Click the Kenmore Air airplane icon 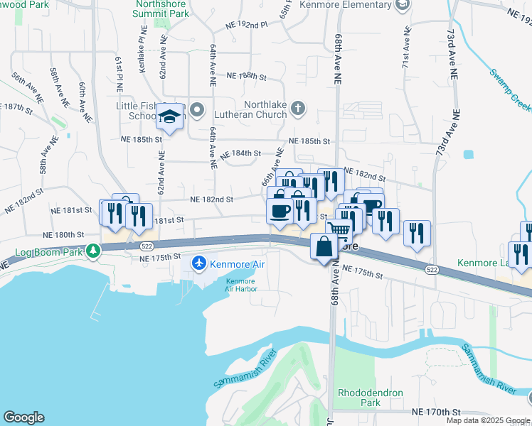click(x=200, y=264)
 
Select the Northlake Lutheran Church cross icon click(x=298, y=109)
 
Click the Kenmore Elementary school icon click(x=403, y=6)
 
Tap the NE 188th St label click(x=245, y=76)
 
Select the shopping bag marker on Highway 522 click(x=324, y=248)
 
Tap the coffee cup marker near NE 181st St click(x=280, y=210)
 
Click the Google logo click(x=23, y=417)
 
